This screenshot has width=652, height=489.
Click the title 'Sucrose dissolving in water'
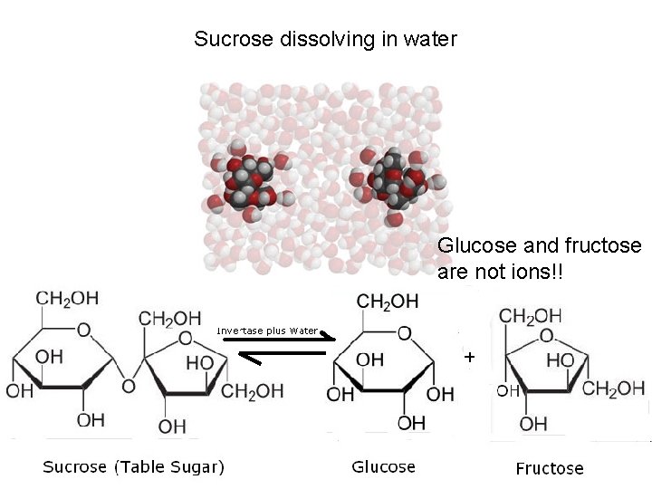pyautogui.click(x=325, y=40)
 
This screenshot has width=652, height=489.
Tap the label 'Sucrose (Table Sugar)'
pyautogui.click(x=134, y=467)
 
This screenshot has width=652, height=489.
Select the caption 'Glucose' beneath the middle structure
pyautogui.click(x=383, y=467)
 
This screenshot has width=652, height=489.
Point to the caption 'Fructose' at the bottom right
pyautogui.click(x=550, y=468)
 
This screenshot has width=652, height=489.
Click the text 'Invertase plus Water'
pyautogui.click(x=267, y=331)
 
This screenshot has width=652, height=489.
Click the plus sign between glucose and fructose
pyautogui.click(x=469, y=358)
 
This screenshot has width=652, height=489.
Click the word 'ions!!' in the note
pyautogui.click(x=533, y=272)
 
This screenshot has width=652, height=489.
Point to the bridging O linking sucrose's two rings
pyautogui.click(x=128, y=387)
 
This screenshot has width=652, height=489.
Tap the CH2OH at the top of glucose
pyautogui.click(x=388, y=301)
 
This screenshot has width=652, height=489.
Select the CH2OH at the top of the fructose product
pyautogui.click(x=531, y=316)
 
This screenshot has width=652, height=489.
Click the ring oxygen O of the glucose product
pyautogui.click(x=404, y=334)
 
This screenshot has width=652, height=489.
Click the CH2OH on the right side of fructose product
pyautogui.click(x=613, y=389)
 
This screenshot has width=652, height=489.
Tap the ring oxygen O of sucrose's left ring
pyautogui.click(x=83, y=331)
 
